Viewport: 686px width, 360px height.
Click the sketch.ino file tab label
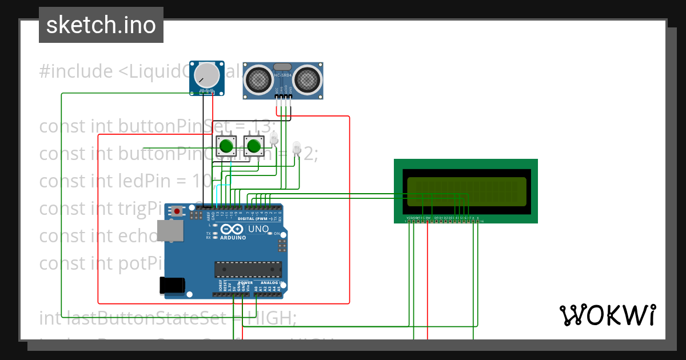pos(101,25)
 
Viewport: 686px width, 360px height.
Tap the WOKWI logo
pos(607,315)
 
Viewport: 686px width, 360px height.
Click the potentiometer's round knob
pos(206,75)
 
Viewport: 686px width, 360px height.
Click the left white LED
pos(274,138)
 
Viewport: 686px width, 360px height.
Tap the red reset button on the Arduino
pos(177,211)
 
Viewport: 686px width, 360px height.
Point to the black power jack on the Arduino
pos(172,285)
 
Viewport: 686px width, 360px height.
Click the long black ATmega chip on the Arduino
pos(248,269)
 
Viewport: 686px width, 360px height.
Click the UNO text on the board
pos(258,229)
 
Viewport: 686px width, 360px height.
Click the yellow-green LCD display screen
pos(466,191)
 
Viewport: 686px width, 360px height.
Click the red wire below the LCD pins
pos(428,274)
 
